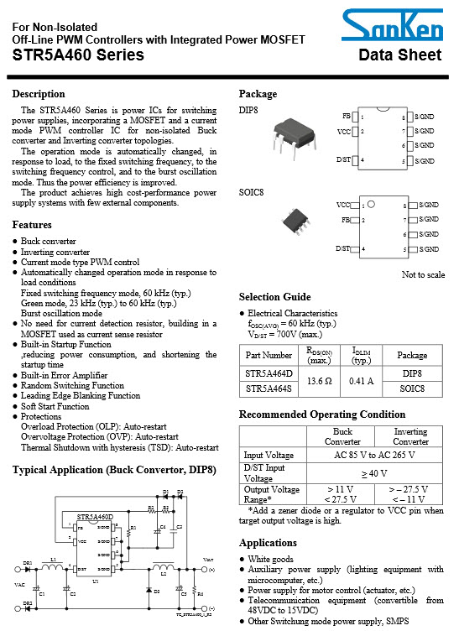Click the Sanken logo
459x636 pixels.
click(x=399, y=30)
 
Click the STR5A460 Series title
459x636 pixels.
click(x=78, y=55)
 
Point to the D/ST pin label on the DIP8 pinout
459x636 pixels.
click(x=343, y=159)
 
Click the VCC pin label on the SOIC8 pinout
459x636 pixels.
click(x=343, y=204)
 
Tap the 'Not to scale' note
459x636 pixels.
click(x=424, y=274)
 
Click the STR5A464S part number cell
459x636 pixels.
click(x=269, y=388)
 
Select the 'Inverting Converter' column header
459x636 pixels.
click(x=410, y=436)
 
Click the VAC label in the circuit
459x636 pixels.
click(x=20, y=584)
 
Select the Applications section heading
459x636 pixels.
click(x=268, y=543)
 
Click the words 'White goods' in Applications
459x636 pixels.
click(x=270, y=559)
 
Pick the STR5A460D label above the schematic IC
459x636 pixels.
click(x=95, y=518)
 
